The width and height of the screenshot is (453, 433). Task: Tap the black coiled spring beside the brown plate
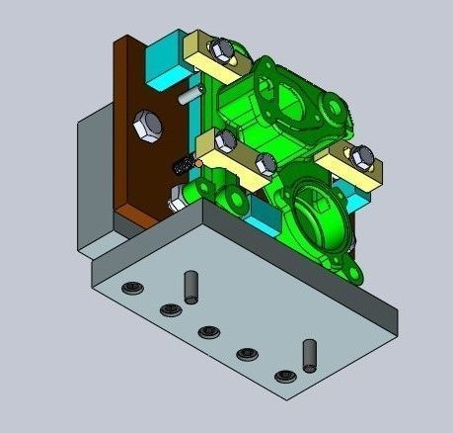point(182,167)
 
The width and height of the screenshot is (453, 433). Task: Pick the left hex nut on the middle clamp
point(227,139)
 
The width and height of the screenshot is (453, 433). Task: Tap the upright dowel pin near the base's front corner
point(309,353)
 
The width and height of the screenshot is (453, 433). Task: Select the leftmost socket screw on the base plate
point(131,289)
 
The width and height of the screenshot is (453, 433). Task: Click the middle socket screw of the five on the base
point(207,331)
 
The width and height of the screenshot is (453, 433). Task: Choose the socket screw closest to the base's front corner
point(286,376)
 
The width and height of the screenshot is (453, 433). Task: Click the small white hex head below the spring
point(176,204)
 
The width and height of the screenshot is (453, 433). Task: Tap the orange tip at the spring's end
point(196,163)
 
